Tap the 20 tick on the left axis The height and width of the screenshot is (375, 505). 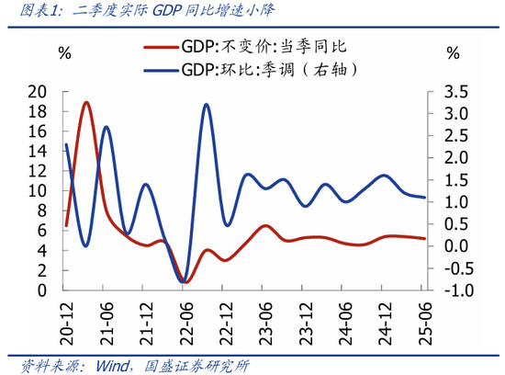[38, 91]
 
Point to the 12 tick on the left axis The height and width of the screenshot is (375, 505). [38, 171]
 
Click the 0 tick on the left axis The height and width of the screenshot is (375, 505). [43, 290]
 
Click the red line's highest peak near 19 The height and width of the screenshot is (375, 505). [86, 102]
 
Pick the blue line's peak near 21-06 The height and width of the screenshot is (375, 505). [107, 127]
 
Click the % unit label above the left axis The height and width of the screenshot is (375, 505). [64, 52]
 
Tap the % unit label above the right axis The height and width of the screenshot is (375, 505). [452, 52]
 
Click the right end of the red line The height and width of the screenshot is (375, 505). [424, 238]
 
